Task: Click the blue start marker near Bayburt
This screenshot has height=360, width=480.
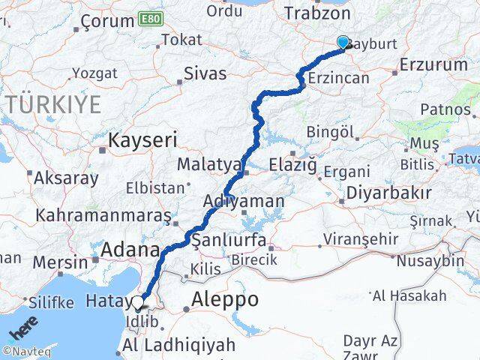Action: click(343, 43)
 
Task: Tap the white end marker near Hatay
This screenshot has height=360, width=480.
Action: click(138, 303)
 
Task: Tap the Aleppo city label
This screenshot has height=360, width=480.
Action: click(226, 299)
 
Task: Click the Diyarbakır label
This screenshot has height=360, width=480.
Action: click(388, 192)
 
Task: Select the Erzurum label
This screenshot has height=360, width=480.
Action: click(434, 64)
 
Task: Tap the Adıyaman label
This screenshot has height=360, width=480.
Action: click(244, 201)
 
